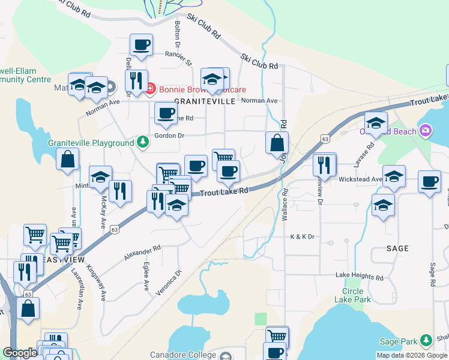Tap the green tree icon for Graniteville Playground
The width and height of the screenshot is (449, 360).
click(x=142, y=142)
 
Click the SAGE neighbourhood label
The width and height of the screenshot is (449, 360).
click(x=397, y=248)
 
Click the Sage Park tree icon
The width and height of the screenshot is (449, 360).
click(x=426, y=341)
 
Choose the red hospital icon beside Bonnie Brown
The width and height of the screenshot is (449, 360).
click(x=150, y=89)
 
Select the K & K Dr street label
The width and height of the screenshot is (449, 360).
click(x=303, y=237)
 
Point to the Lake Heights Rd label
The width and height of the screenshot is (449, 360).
click(x=360, y=277)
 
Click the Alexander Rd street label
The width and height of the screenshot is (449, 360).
click(x=143, y=252)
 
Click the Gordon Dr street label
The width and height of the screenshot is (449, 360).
click(x=169, y=136)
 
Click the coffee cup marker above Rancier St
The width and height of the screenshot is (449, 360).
click(x=141, y=45)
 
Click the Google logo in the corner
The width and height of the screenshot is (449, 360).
click(x=19, y=353)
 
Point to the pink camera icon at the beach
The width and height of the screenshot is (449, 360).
click(x=426, y=130)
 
